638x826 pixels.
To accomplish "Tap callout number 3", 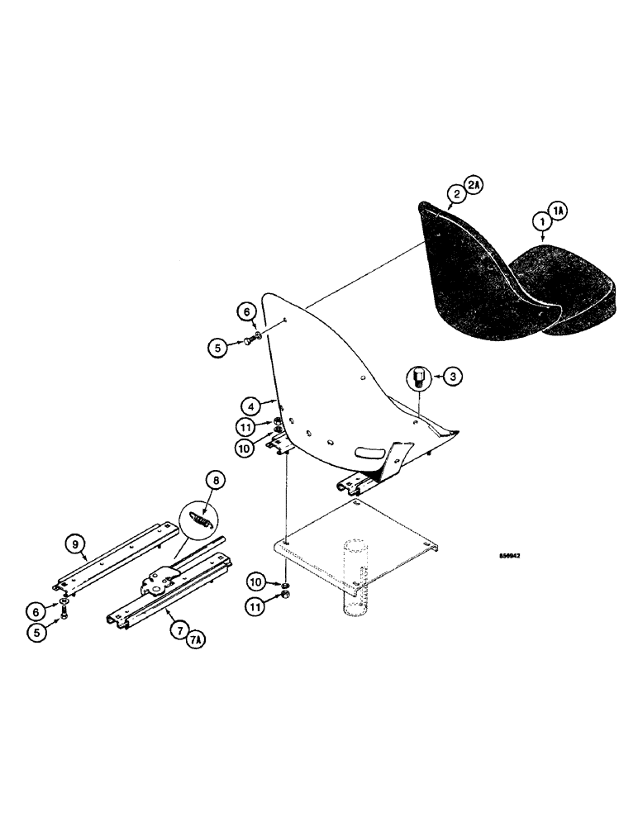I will (x=452, y=377).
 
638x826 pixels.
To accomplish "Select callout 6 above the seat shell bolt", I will (x=246, y=311).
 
